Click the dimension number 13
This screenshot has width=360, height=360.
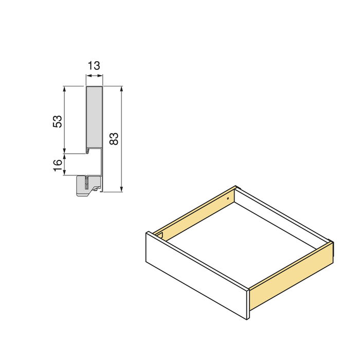click(94, 66)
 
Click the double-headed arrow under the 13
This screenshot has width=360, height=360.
click(94, 76)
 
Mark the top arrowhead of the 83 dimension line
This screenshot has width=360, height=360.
click(121, 89)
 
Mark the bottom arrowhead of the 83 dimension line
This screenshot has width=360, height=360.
click(121, 189)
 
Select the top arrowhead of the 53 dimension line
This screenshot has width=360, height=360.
click(65, 89)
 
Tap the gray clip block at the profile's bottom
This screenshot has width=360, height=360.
click(87, 186)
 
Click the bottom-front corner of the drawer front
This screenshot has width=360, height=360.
click(247, 319)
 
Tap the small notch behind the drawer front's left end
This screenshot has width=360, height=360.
click(160, 236)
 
